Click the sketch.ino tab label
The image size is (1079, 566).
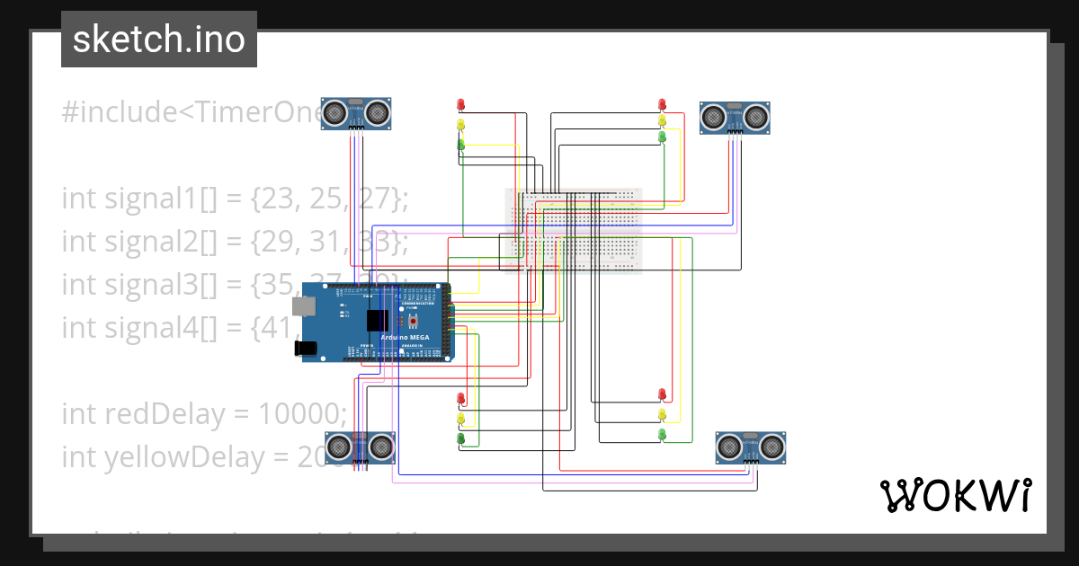[158, 40]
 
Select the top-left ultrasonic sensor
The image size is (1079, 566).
[356, 113]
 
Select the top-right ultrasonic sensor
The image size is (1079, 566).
[736, 117]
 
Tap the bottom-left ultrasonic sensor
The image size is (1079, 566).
[360, 446]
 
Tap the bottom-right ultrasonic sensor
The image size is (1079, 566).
[751, 447]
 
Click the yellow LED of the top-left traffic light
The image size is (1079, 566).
[461, 123]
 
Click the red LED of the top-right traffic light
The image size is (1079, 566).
[663, 104]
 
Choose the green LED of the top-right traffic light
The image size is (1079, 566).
[663, 137]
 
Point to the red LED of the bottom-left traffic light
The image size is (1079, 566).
[461, 397]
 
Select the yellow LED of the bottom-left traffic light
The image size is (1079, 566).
[461, 418]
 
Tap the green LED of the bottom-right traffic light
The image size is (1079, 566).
[663, 434]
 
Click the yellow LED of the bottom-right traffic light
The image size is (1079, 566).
[663, 414]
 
